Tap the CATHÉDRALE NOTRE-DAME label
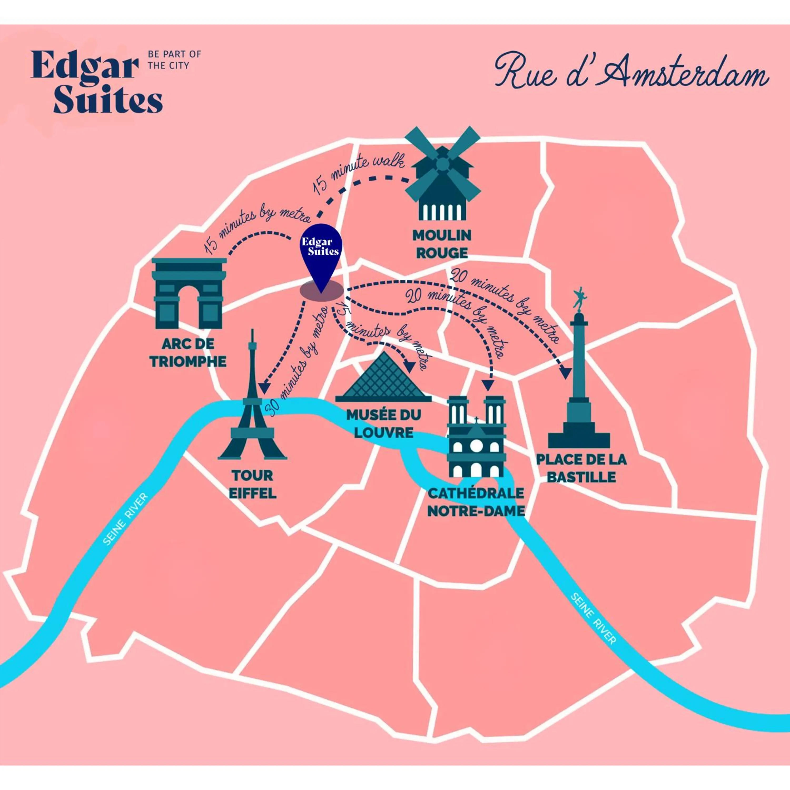(476, 502)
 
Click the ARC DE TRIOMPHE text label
(188, 352)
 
